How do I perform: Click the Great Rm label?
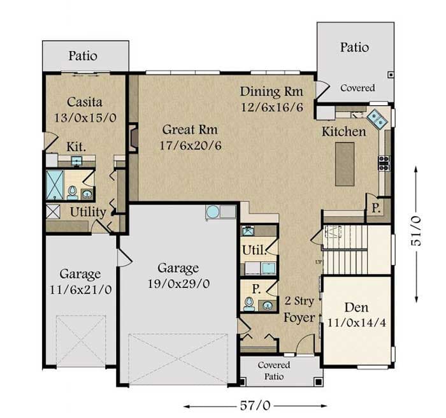[190, 130]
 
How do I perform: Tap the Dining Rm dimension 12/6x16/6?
[272, 107]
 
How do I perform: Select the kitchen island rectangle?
[345, 164]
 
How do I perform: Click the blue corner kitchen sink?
[377, 119]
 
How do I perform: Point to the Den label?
[356, 307]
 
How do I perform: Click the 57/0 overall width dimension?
[255, 405]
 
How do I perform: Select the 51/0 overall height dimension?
[416, 231]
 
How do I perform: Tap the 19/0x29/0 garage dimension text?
[178, 284]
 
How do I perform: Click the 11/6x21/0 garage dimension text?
[80, 290]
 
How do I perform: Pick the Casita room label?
[85, 102]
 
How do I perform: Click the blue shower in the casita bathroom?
[55, 185]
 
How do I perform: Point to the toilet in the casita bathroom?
[72, 192]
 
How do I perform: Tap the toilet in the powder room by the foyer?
[249, 304]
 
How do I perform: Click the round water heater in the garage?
[213, 212]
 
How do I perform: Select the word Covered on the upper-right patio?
[357, 88]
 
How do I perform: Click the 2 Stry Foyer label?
[299, 309]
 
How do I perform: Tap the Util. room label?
[254, 250]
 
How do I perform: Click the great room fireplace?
[133, 138]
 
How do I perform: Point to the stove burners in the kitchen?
[384, 163]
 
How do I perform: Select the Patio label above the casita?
[83, 56]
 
